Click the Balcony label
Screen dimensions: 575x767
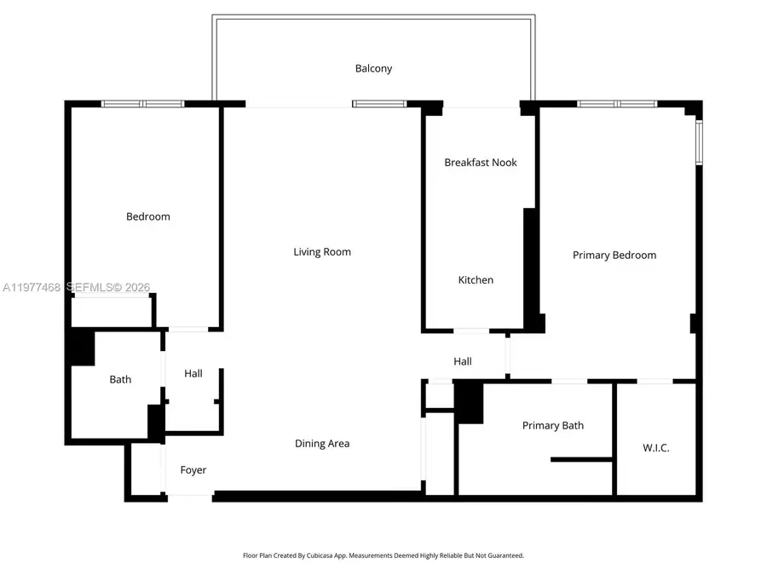coord(373,68)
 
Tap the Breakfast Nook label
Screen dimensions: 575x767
coord(481,162)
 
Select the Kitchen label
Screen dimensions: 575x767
coord(476,279)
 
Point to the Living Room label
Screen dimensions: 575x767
coord(322,251)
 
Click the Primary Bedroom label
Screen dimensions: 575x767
coord(614,255)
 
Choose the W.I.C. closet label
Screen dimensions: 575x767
coord(655,447)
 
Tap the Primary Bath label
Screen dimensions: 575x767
coord(553,425)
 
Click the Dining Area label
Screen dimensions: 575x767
coord(322,443)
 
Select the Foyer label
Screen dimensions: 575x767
coord(193,469)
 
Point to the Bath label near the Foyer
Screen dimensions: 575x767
coord(120,379)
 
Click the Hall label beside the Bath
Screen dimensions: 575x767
coord(193,373)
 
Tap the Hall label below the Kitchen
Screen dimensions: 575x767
coord(463,361)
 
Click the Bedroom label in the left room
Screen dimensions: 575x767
coord(148,216)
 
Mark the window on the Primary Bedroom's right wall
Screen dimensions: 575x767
coord(699,142)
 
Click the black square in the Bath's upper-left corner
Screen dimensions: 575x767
coord(82,348)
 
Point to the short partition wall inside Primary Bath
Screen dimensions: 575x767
coord(581,459)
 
